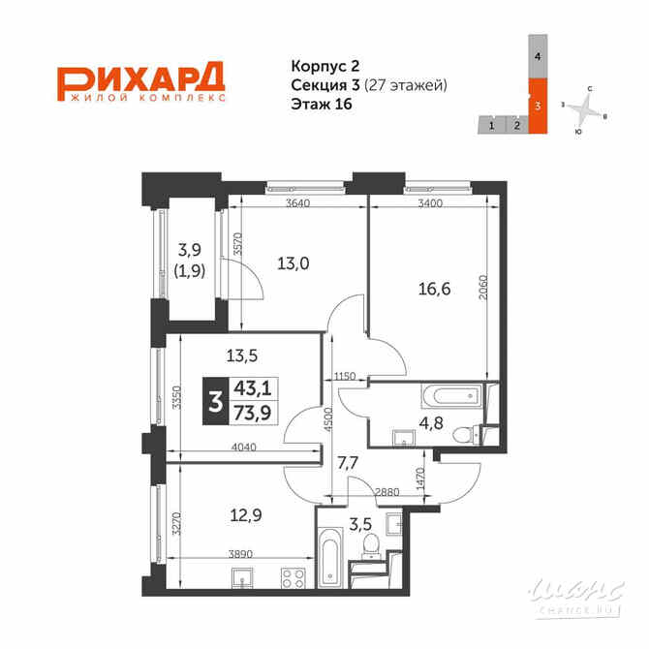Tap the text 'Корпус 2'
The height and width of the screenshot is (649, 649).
(x=324, y=66)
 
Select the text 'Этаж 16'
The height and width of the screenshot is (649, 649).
(x=322, y=104)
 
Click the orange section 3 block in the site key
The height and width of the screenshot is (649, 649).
(x=538, y=106)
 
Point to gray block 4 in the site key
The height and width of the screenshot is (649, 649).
(x=538, y=56)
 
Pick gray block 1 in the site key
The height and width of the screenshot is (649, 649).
(x=492, y=125)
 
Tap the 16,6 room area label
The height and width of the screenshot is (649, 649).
(x=434, y=289)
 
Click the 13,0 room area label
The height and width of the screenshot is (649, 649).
(x=294, y=263)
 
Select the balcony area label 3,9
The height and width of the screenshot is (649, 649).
(x=190, y=250)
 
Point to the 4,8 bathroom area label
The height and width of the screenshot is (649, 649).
(x=431, y=423)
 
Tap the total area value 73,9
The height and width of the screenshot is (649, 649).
(x=253, y=413)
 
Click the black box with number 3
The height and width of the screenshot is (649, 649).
(x=215, y=401)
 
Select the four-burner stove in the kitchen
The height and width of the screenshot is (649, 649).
(x=294, y=578)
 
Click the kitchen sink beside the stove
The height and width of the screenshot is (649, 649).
(x=242, y=578)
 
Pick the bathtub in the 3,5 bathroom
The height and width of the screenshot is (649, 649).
(x=330, y=558)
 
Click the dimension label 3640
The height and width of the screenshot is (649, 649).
(x=298, y=203)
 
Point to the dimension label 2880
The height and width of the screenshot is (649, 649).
(x=387, y=492)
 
